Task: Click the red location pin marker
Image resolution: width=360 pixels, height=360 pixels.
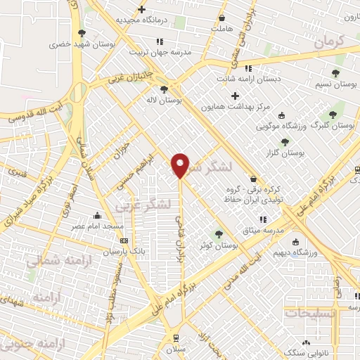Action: coord(180,165)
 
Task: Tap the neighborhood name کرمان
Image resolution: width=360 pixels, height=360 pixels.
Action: coord(328,41)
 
